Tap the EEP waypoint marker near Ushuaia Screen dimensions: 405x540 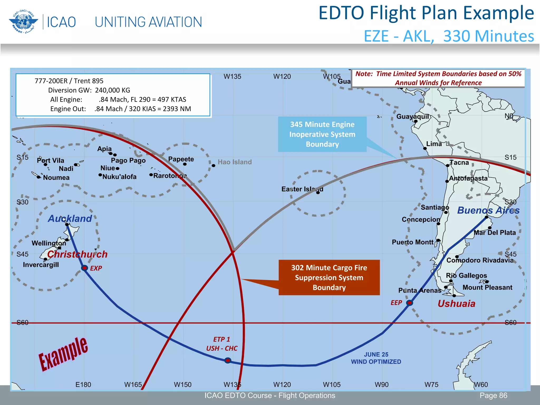click(x=409, y=303)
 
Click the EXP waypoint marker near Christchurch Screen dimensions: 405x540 click(x=84, y=268)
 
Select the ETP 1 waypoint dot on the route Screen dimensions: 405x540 click(x=228, y=360)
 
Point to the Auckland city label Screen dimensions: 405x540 click(x=70, y=219)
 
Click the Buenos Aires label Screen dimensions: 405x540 click(x=488, y=210)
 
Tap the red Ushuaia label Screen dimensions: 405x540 click(x=456, y=304)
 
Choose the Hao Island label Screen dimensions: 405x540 click(x=235, y=162)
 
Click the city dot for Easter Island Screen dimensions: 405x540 click(x=318, y=193)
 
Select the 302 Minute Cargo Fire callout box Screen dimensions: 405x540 click(x=329, y=277)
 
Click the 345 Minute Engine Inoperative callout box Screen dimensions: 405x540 click(x=322, y=134)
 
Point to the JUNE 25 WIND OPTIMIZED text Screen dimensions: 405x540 click(x=376, y=358)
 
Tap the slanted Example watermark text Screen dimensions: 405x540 click(x=63, y=354)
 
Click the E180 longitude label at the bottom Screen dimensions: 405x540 click(x=83, y=385)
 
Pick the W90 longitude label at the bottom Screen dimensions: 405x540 click(x=382, y=385)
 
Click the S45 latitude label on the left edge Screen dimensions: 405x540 click(x=22, y=254)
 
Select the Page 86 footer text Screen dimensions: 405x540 click(x=493, y=396)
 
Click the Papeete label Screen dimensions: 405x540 click(x=181, y=159)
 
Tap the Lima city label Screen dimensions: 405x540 click(x=434, y=144)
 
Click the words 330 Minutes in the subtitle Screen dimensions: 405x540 click(x=489, y=36)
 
